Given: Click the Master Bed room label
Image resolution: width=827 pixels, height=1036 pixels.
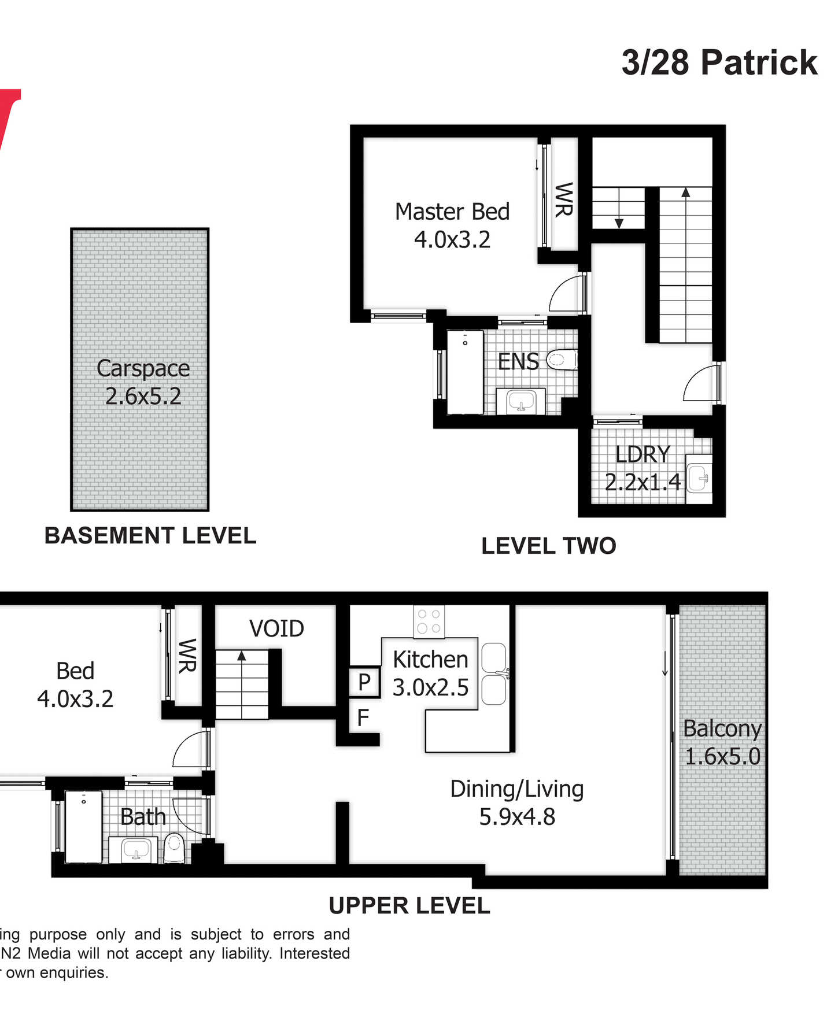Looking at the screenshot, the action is (452, 212).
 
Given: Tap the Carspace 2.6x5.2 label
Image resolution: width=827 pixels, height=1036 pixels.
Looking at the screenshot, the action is (143, 382).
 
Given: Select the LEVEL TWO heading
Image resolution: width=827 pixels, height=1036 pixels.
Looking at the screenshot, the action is (549, 546).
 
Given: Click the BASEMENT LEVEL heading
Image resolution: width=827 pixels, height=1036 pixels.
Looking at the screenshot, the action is (150, 535).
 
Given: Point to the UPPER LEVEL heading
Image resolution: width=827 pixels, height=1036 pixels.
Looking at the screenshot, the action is (409, 905).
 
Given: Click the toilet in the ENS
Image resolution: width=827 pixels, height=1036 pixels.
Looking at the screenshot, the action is (561, 360).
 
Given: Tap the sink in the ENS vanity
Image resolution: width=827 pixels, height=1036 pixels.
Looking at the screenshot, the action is (521, 401).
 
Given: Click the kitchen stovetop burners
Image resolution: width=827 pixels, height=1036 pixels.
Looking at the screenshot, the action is (429, 621).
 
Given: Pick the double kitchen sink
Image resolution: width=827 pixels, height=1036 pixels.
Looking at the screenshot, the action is (494, 674).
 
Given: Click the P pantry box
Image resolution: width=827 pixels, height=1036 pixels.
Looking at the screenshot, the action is (364, 682).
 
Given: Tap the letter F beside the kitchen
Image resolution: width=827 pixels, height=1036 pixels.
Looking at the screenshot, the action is (363, 718).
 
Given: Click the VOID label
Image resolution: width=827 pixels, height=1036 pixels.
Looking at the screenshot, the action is (276, 628).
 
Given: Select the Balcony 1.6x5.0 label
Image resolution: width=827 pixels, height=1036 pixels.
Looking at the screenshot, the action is (722, 742).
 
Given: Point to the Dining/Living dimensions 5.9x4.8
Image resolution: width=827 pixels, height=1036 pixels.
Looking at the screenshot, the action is (517, 817).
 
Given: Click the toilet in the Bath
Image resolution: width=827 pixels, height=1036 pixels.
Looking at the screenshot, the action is (174, 848).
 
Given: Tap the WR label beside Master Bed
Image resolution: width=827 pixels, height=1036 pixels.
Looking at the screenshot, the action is (564, 199).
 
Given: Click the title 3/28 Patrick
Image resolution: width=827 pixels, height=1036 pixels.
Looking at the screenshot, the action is (719, 62).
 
